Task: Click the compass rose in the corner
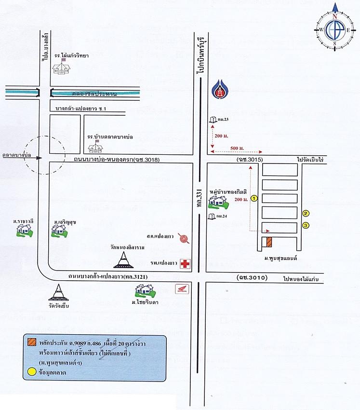[x=334, y=29]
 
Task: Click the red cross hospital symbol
[x=185, y=264]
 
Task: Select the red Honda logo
[x=182, y=290]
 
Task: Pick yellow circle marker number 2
[x=306, y=213]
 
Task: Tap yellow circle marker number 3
[x=306, y=225]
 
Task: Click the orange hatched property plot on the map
[x=269, y=242]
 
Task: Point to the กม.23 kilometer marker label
[x=221, y=119]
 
